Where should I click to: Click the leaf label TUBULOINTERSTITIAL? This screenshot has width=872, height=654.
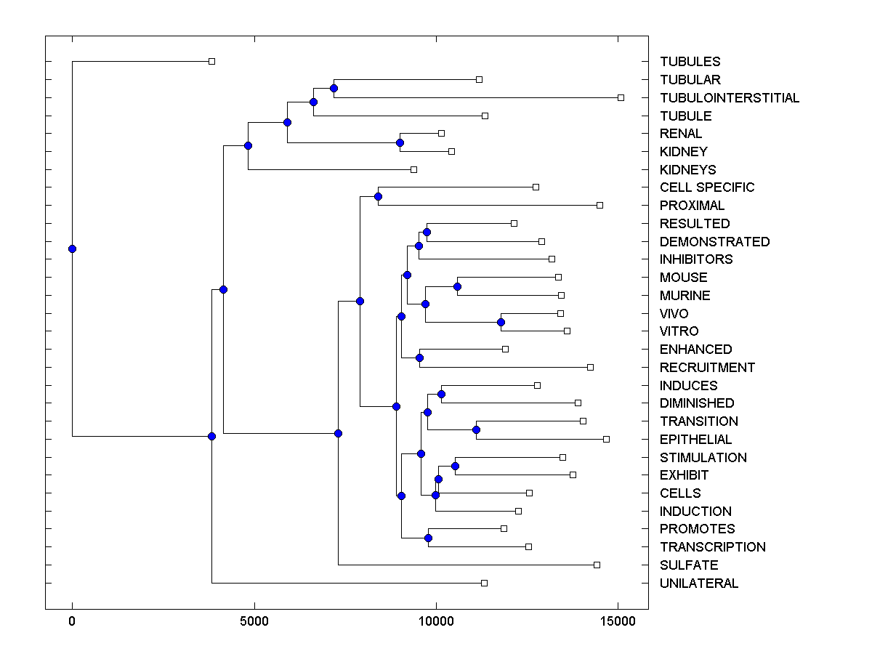pos(730,97)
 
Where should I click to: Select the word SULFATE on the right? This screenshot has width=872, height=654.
pos(689,565)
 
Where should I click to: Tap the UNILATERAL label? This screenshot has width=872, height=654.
pos(699,583)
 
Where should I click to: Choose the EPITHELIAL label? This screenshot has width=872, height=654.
pos(695,439)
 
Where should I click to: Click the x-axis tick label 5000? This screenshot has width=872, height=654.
pos(254,621)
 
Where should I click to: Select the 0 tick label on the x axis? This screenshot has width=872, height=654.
pos(72,621)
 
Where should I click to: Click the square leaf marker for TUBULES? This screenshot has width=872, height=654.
pos(211,61)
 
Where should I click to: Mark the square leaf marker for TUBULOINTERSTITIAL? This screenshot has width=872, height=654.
pos(621,97)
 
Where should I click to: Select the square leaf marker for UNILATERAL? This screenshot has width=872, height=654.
pos(485,583)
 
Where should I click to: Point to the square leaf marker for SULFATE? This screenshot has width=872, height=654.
pos(597,565)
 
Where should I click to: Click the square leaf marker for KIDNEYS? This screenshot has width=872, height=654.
pos(413,169)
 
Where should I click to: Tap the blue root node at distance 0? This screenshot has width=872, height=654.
pos(72,249)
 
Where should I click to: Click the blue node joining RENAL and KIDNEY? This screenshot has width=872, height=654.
pos(400,142)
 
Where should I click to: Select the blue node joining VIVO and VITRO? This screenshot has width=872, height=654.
pos(501,322)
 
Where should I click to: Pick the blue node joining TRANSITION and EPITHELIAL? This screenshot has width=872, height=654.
pos(476,429)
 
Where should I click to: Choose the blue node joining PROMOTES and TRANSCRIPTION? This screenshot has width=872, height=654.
pos(428,538)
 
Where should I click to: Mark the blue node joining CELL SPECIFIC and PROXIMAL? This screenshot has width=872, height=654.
pos(378,196)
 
